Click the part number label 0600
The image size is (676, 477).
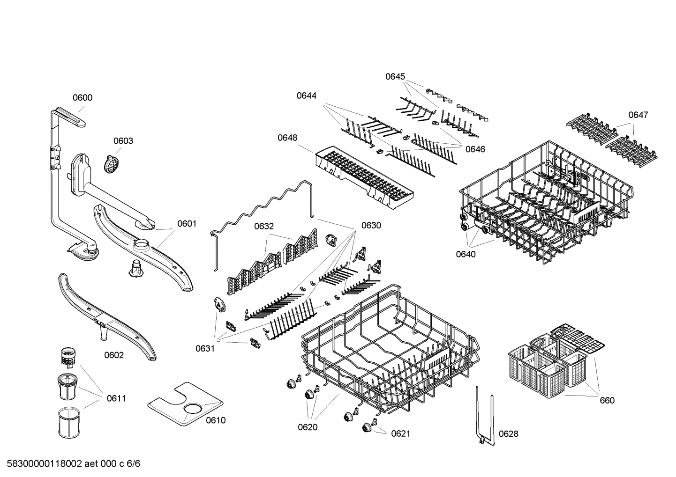click(x=82, y=97)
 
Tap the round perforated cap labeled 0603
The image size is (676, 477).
click(x=112, y=165)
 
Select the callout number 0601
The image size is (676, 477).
click(x=187, y=224)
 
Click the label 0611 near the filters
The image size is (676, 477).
click(x=116, y=398)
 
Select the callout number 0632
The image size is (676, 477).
click(x=264, y=226)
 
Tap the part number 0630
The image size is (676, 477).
click(x=371, y=225)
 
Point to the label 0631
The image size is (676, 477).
click(x=205, y=348)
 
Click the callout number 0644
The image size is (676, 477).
click(x=306, y=95)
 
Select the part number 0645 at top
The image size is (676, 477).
click(x=395, y=76)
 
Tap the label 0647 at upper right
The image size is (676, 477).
click(x=638, y=115)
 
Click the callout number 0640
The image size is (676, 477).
click(x=466, y=254)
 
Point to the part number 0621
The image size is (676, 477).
click(x=400, y=433)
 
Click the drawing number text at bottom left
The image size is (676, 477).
click(x=71, y=464)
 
